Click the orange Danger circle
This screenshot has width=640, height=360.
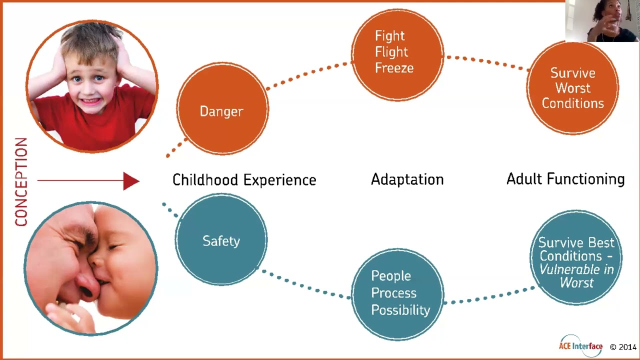pyautogui.click(x=222, y=109)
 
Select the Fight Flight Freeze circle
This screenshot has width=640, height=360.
pyautogui.click(x=397, y=54)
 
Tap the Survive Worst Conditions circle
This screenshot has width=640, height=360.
pyautogui.click(x=572, y=88)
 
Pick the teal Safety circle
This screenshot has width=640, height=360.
pyautogui.click(x=221, y=239)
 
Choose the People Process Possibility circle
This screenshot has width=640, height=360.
pyautogui.click(x=397, y=294)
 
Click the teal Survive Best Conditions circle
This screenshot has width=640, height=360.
pyautogui.click(x=576, y=258)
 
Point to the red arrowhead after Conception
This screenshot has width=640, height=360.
pyautogui.click(x=131, y=181)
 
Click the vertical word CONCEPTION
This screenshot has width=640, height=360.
pyautogui.click(x=21, y=182)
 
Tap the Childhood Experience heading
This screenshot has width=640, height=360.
pyautogui.click(x=244, y=180)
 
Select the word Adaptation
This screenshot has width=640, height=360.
pyautogui.click(x=407, y=179)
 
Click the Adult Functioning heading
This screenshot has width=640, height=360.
pyautogui.click(x=565, y=179)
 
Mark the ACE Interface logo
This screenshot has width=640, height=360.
pyautogui.click(x=580, y=345)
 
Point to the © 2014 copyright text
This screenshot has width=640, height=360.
pyautogui.click(x=622, y=347)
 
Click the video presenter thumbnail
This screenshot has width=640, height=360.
pyautogui.click(x=602, y=21)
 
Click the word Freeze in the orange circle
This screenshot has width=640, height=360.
pyautogui.click(x=394, y=68)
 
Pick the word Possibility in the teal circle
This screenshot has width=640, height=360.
pyautogui.click(x=400, y=310)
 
